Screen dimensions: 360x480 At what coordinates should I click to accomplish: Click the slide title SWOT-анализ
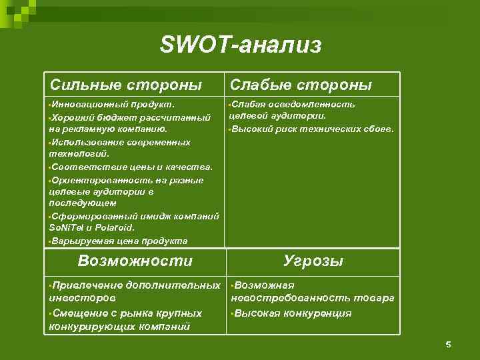[x=241, y=45]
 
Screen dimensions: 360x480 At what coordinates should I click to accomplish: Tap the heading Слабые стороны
[x=301, y=85]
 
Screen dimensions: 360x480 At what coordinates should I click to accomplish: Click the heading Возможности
[x=135, y=261]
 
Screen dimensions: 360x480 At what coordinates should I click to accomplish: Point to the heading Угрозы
[x=313, y=261]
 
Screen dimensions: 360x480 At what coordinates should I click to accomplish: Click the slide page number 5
[x=448, y=344]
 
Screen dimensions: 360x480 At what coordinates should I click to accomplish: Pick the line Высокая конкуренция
[x=292, y=313]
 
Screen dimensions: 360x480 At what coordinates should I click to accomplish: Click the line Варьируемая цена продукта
[x=119, y=241]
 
